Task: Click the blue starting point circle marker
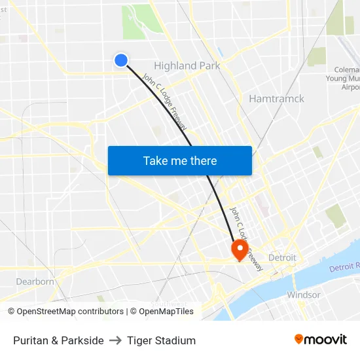[x=120, y=60]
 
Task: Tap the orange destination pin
[x=238, y=249]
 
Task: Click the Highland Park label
[x=187, y=65]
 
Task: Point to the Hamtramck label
[x=276, y=99]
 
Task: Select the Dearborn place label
[x=35, y=281]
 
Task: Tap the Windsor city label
[x=304, y=295]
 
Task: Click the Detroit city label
[x=282, y=257]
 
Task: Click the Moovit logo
[x=321, y=340]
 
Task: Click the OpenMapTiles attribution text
[x=162, y=312]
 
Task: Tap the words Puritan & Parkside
[x=58, y=340]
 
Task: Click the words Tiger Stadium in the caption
[x=162, y=340]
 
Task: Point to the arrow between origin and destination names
[x=115, y=340]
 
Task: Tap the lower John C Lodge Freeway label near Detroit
[x=246, y=239]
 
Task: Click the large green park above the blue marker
[x=137, y=22]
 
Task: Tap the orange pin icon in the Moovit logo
[x=299, y=339]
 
